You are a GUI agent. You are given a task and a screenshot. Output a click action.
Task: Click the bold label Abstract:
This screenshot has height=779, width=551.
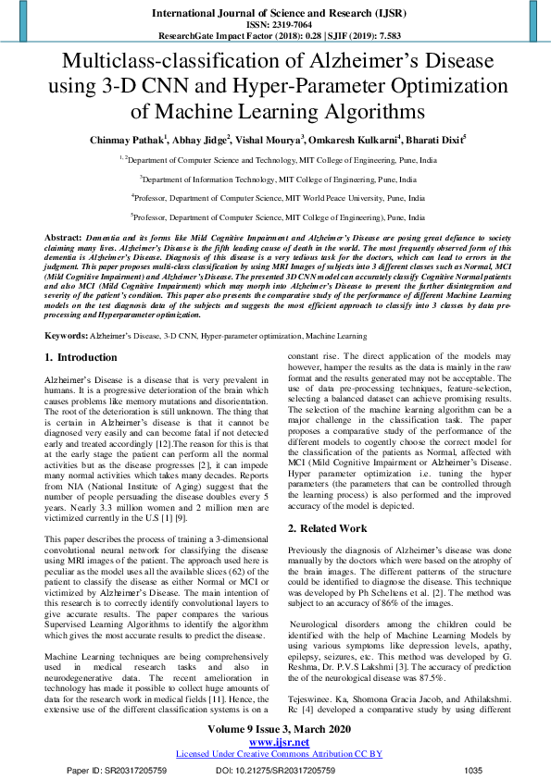tap(63, 239)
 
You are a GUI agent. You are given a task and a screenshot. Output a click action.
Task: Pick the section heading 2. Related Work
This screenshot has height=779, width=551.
tap(328, 528)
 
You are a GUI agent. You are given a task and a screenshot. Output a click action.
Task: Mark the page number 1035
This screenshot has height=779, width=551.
tap(473, 769)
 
